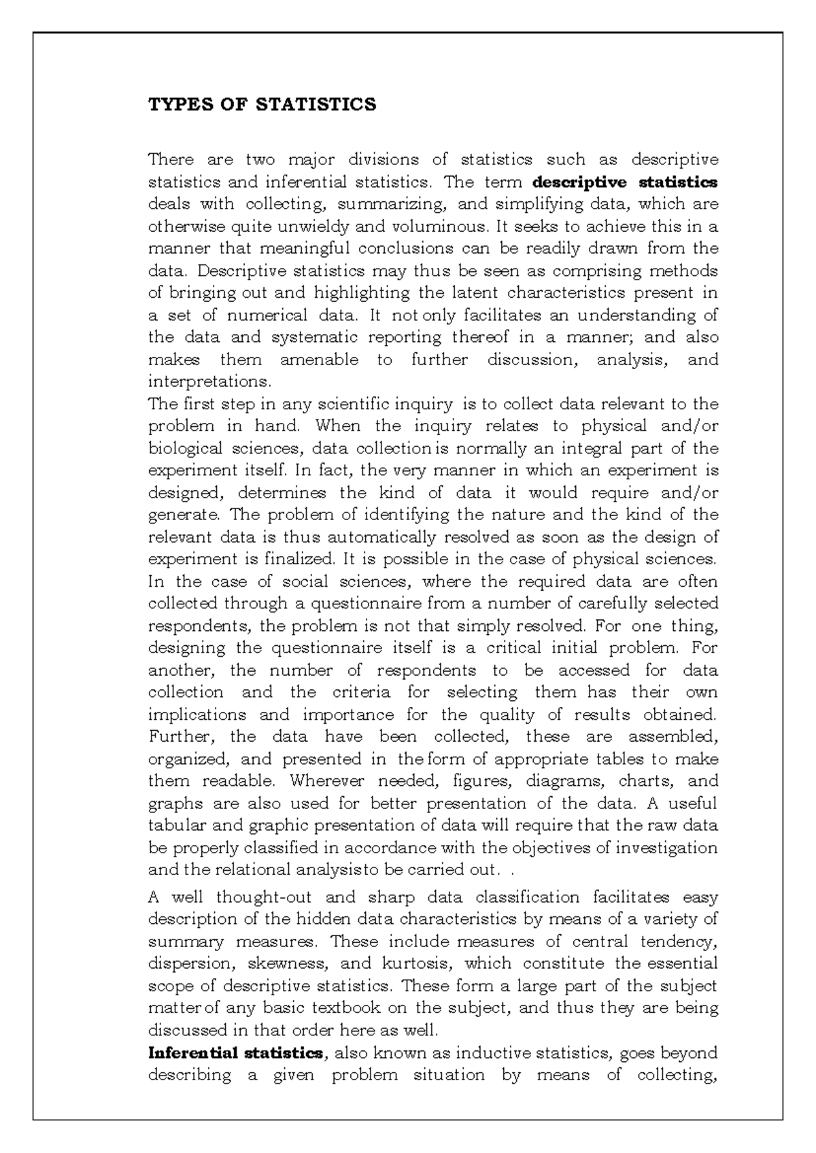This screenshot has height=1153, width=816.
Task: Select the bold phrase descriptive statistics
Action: point(626,182)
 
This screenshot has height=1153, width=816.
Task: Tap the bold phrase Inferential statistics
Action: point(235,1053)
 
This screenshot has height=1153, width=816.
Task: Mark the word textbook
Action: point(346,1008)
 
